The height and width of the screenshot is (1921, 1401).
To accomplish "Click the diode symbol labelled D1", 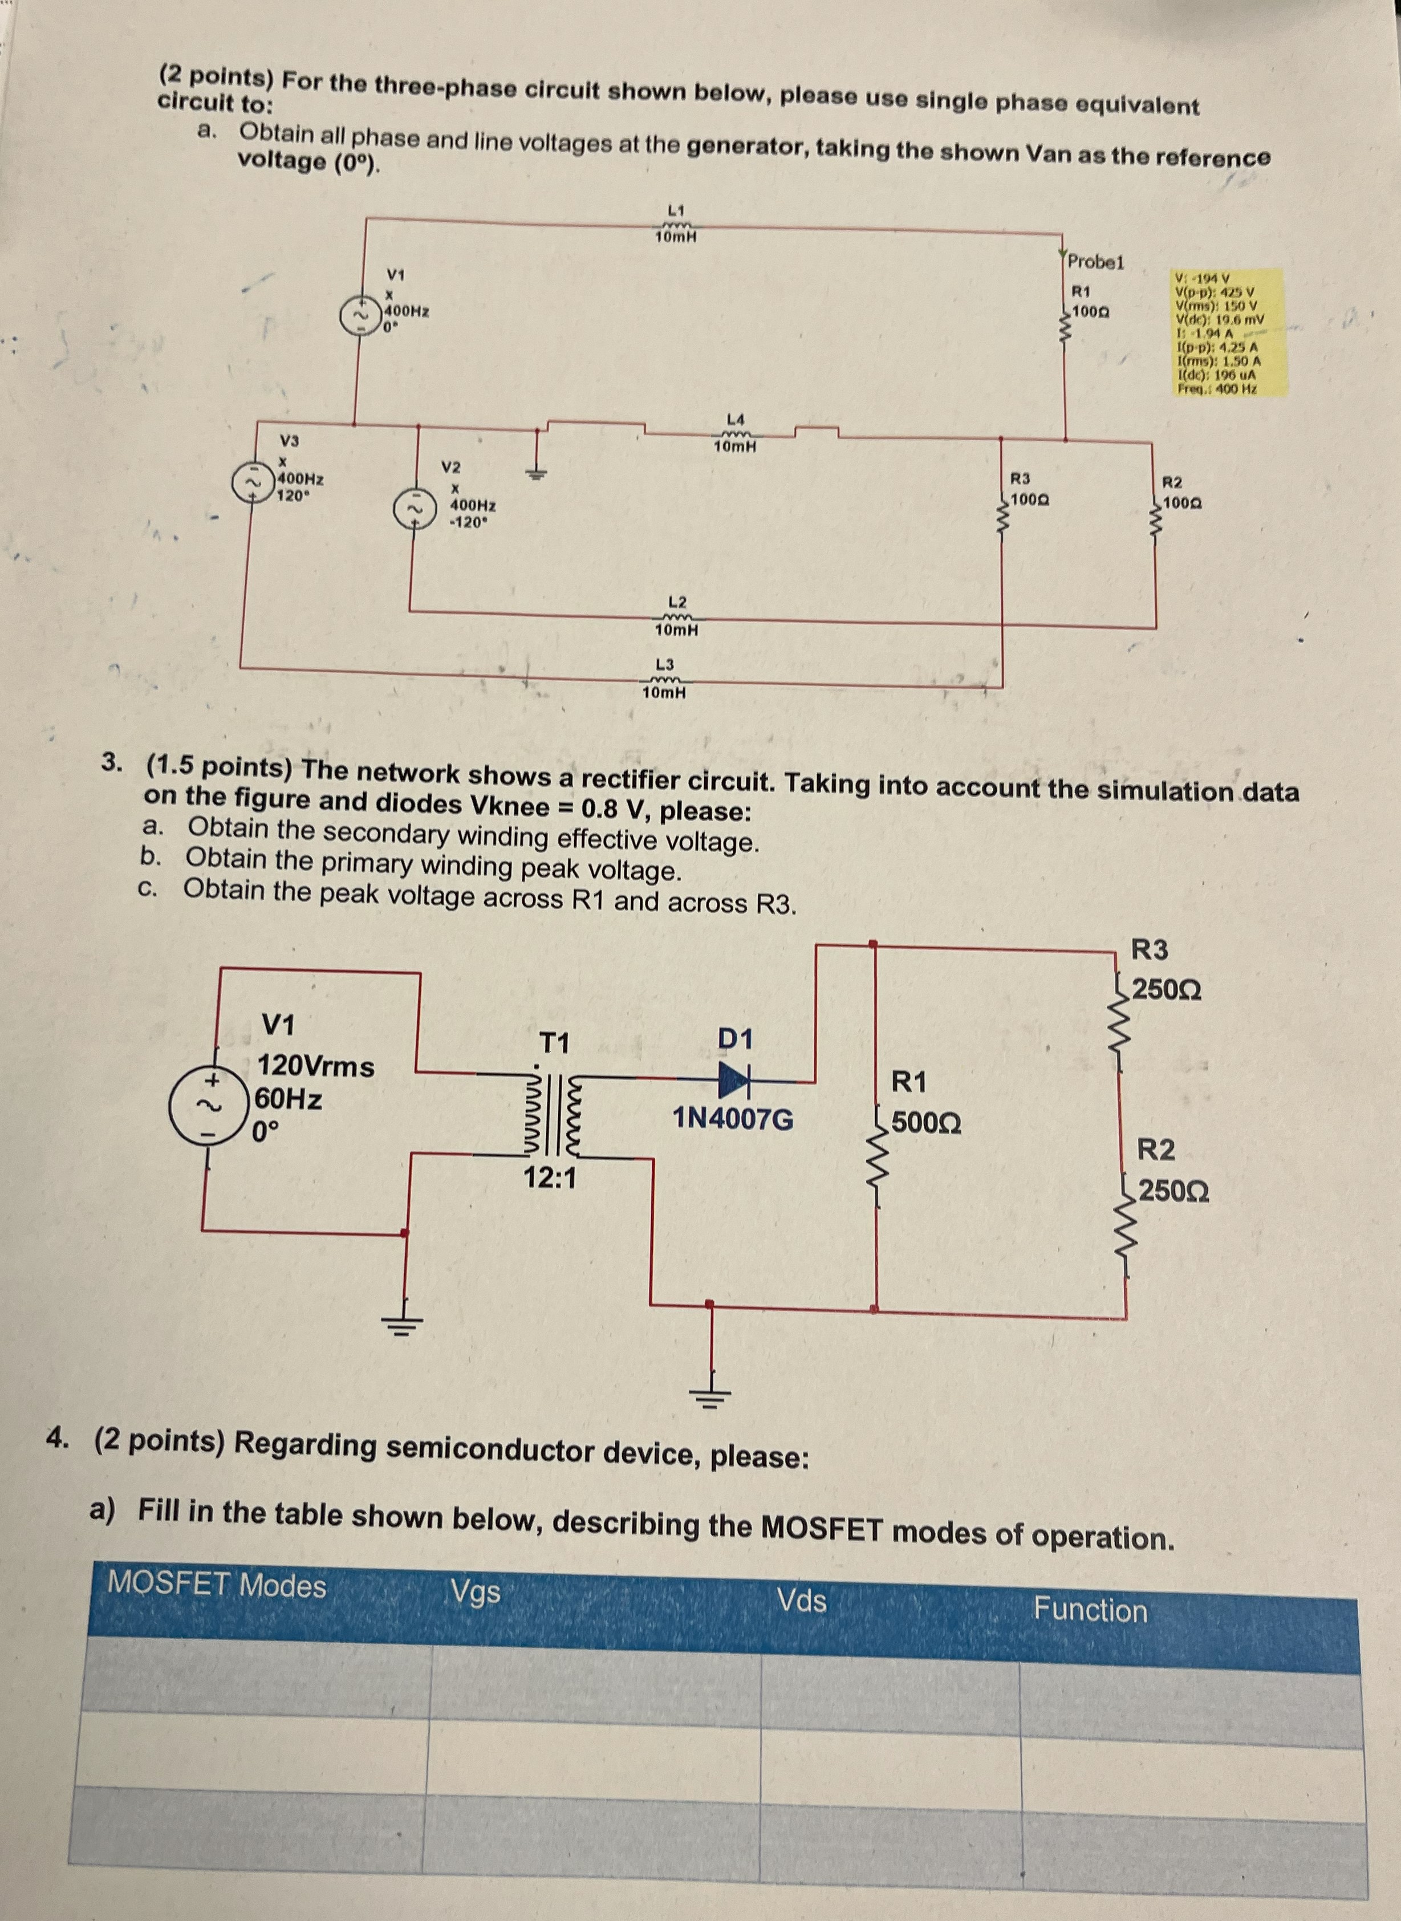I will tap(735, 1079).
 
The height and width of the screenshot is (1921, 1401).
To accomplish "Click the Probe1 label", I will tap(1096, 261).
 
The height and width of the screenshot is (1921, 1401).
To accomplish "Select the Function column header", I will tap(1090, 1609).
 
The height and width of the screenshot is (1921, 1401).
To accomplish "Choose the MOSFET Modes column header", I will tap(217, 1584).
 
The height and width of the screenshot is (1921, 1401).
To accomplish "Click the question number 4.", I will tap(58, 1437).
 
